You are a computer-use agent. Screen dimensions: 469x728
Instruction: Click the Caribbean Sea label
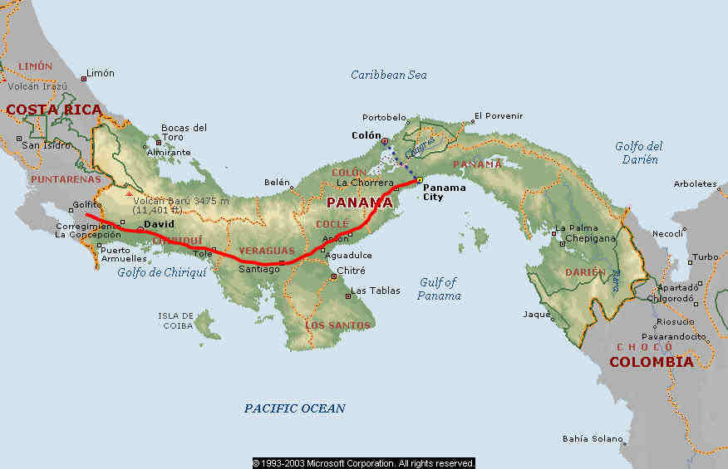tap(388, 75)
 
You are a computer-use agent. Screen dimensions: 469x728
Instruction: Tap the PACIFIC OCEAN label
tap(294, 408)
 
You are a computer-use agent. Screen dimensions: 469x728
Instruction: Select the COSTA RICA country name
tap(54, 110)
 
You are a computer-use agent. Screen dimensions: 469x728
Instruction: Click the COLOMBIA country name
tap(651, 362)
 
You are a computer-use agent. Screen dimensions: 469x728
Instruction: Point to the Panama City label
tap(445, 193)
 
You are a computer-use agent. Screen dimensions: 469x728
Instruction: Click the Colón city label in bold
tap(366, 135)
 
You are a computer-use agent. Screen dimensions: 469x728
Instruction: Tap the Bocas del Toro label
tap(184, 133)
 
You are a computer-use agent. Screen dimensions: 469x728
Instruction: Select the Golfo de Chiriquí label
tap(161, 272)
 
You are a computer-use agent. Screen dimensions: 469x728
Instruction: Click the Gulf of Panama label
tap(439, 289)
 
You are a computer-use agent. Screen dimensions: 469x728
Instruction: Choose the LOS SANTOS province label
tap(337, 325)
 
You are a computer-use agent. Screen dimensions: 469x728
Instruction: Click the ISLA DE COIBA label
tap(175, 320)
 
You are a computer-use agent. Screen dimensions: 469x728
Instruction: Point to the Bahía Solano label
tap(593, 438)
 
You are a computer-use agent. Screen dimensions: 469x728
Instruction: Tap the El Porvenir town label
tap(498, 115)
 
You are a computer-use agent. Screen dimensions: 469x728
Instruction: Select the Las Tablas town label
tap(376, 291)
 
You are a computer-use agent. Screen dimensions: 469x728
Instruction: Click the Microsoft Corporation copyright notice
tap(363, 463)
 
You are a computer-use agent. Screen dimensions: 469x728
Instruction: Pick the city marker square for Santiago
tap(282, 263)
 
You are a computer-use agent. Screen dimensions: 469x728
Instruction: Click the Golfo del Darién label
tap(638, 153)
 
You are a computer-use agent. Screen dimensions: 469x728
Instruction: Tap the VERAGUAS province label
tap(267, 250)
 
